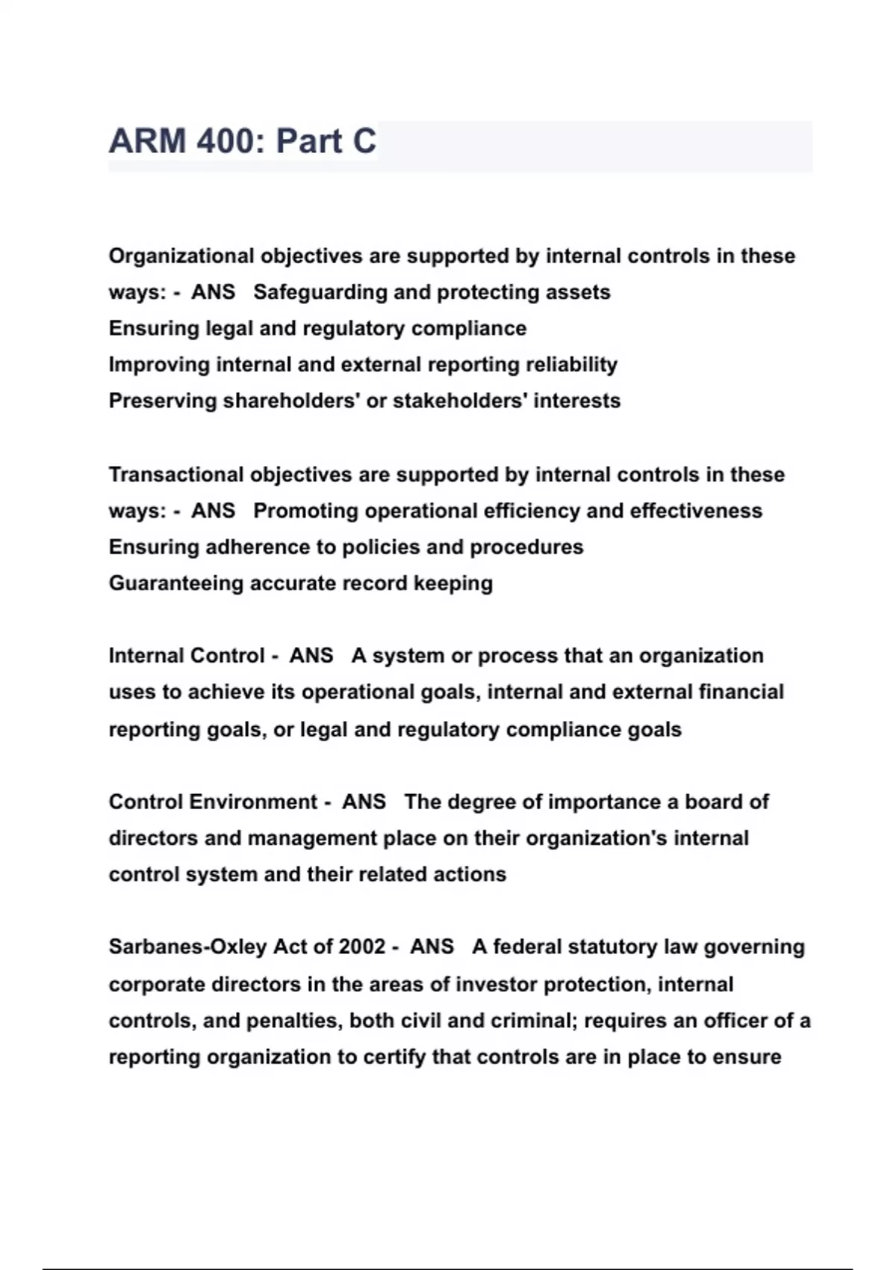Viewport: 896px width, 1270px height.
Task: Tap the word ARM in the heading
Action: (x=147, y=141)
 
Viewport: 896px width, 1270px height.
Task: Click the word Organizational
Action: (x=181, y=256)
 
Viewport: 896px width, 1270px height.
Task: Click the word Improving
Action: (x=158, y=365)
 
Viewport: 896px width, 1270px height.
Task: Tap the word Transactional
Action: (x=175, y=474)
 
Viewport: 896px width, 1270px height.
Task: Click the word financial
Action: (x=741, y=693)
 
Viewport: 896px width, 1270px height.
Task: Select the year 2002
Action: (x=362, y=947)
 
